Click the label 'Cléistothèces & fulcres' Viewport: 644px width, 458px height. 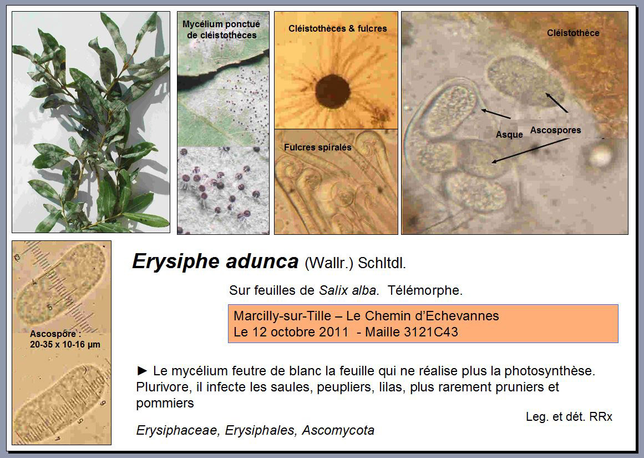pos(338,28)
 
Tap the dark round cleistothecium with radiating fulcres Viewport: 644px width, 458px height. pos(333,92)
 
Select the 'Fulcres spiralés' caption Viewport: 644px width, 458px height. pos(317,147)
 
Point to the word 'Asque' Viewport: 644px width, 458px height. pos(509,134)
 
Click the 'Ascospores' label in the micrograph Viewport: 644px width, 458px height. pos(555,130)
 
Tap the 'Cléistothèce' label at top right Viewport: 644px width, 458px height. pos(573,33)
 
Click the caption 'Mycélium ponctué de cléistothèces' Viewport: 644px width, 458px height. pos(221,29)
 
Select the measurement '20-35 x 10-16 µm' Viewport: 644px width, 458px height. pos(65,345)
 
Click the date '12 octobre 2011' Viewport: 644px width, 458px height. pos(300,332)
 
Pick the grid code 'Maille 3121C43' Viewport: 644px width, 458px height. pos(412,332)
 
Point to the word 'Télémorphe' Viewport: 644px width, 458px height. pos(425,290)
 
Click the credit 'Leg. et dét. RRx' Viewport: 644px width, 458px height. pos(569,416)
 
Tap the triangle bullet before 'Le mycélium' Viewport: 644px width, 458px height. pos(142,371)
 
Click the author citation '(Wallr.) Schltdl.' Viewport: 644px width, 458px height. pos(355,263)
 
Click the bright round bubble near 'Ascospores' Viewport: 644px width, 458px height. pos(601,157)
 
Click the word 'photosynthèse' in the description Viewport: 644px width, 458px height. pos(550,371)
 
